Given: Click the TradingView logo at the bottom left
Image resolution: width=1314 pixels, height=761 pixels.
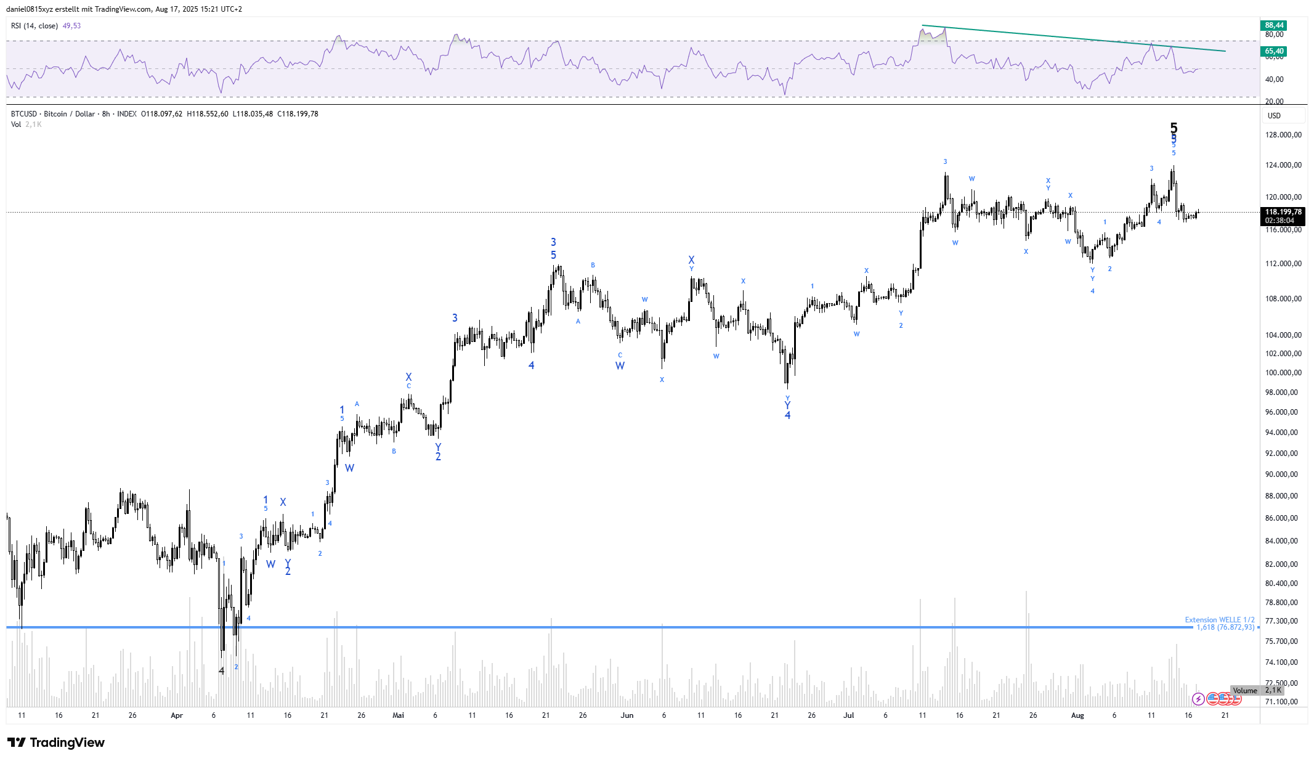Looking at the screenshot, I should coord(56,743).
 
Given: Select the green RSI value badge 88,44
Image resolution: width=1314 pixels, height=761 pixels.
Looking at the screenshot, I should coord(1274,25).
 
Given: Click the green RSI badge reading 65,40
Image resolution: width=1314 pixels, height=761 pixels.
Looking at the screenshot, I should coord(1274,51).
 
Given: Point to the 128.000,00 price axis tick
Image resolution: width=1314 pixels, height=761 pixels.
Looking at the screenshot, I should coord(1283,135).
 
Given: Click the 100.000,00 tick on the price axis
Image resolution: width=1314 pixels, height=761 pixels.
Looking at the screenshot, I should coord(1283,373).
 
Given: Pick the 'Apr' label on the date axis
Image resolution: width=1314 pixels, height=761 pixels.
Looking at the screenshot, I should coord(177,715).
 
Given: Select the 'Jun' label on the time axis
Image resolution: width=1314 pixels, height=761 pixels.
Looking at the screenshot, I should coord(627,715).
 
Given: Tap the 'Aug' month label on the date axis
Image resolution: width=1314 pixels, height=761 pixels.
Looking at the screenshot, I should coord(1077,715).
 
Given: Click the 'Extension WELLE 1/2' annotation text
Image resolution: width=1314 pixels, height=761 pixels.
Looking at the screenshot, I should coord(1219,620).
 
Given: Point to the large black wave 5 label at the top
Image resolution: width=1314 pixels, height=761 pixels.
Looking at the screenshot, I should coord(1174,128).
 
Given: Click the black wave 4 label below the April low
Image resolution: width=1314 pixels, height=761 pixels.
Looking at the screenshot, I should coord(222,670).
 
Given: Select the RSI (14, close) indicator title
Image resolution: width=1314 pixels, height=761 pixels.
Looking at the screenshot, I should coord(34,26).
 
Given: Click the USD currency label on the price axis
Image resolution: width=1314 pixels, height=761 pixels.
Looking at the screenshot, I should coord(1274,116).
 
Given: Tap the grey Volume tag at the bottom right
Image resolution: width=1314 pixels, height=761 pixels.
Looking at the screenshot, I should coord(1244,691).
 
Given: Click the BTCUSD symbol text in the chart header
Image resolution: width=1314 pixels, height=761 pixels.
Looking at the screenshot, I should coord(24,114).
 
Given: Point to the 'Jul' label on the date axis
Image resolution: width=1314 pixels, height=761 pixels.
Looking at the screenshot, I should coord(849,715).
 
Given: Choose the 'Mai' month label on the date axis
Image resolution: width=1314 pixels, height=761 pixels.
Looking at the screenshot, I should coord(398,715).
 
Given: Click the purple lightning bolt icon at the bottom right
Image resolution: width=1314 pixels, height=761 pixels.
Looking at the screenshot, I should coord(1198,699).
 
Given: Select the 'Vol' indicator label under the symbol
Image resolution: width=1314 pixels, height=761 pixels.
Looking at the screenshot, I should coord(16,124).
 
